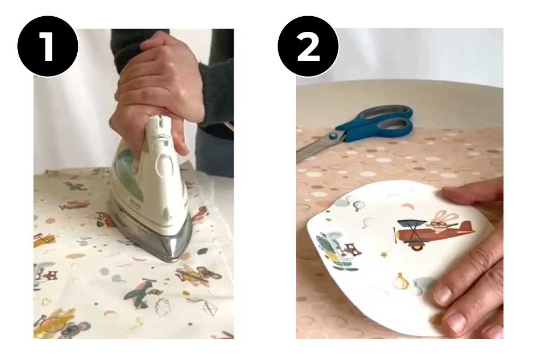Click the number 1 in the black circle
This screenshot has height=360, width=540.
(x=48, y=46)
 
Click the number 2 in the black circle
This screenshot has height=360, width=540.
(x=308, y=46)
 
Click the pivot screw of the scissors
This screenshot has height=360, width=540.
(x=339, y=135)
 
